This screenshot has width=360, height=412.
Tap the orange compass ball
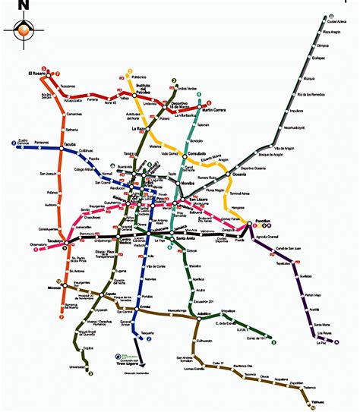24,30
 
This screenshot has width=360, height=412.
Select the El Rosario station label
37,73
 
